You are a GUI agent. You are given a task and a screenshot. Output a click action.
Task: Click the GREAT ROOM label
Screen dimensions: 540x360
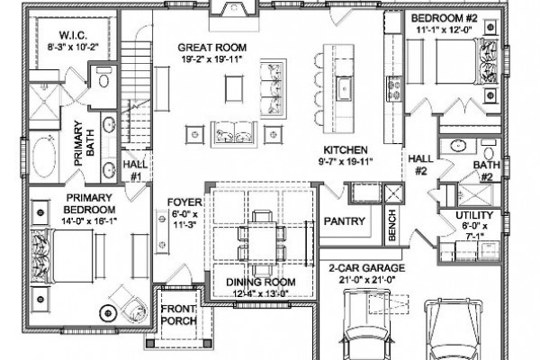coord(211,48)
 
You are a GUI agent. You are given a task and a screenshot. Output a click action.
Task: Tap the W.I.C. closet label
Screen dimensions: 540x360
coord(73,35)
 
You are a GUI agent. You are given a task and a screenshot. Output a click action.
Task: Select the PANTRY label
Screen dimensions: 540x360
coord(344,221)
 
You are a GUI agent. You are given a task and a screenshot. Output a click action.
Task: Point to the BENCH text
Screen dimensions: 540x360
coord(392,225)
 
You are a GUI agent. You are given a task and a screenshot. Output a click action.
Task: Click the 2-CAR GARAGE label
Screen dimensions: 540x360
coord(366,268)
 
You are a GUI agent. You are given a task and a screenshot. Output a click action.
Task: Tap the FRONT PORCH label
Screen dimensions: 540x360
coord(179,315)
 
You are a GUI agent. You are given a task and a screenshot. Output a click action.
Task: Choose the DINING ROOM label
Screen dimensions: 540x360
coord(261,282)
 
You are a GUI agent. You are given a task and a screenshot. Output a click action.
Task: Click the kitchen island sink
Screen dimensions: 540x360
coord(344,88)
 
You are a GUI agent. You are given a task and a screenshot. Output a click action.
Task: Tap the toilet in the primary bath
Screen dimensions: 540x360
coord(103,78)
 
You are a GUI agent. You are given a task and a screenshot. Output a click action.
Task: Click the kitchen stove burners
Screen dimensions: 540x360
coord(394,88)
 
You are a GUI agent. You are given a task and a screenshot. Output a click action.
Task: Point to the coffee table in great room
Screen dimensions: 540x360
coord(234,88)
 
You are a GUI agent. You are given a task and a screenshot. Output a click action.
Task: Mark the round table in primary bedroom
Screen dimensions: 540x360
coord(108,313)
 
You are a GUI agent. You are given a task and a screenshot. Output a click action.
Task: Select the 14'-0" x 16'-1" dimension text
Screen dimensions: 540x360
coord(89,221)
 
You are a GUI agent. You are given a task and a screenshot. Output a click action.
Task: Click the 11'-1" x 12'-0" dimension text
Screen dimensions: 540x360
coord(444,30)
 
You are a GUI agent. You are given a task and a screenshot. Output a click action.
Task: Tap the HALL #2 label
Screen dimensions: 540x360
coord(420,165)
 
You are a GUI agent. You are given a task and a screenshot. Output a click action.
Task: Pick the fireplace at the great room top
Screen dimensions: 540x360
coord(234,10)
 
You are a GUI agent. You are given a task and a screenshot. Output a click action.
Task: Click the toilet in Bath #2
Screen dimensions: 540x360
coord(489,149)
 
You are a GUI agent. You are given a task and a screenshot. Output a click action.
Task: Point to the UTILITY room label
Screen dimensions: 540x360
coord(474,215)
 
